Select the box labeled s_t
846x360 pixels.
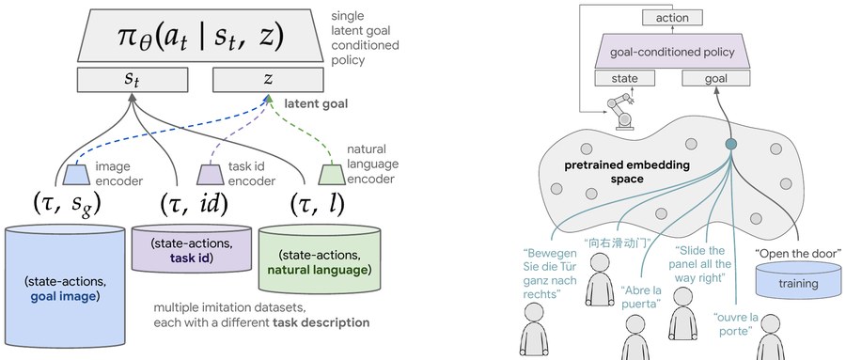[x=133, y=80]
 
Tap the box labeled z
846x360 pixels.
[x=268, y=80]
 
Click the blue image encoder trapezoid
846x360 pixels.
[x=77, y=175]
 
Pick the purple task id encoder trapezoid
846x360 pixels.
[x=210, y=175]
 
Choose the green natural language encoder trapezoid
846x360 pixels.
[x=332, y=175]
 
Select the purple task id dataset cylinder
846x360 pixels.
[x=192, y=249]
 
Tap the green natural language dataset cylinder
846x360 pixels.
[x=320, y=260]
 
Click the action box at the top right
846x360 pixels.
[x=672, y=18]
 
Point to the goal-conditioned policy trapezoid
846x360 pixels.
[x=672, y=53]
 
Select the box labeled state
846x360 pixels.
[x=625, y=78]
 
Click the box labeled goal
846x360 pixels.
[x=716, y=78]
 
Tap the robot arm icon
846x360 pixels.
[x=621, y=111]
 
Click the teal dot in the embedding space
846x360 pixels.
[x=731, y=144]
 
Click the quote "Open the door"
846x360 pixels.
[x=798, y=253]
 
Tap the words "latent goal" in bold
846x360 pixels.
[x=316, y=103]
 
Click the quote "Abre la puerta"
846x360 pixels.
[x=640, y=297]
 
